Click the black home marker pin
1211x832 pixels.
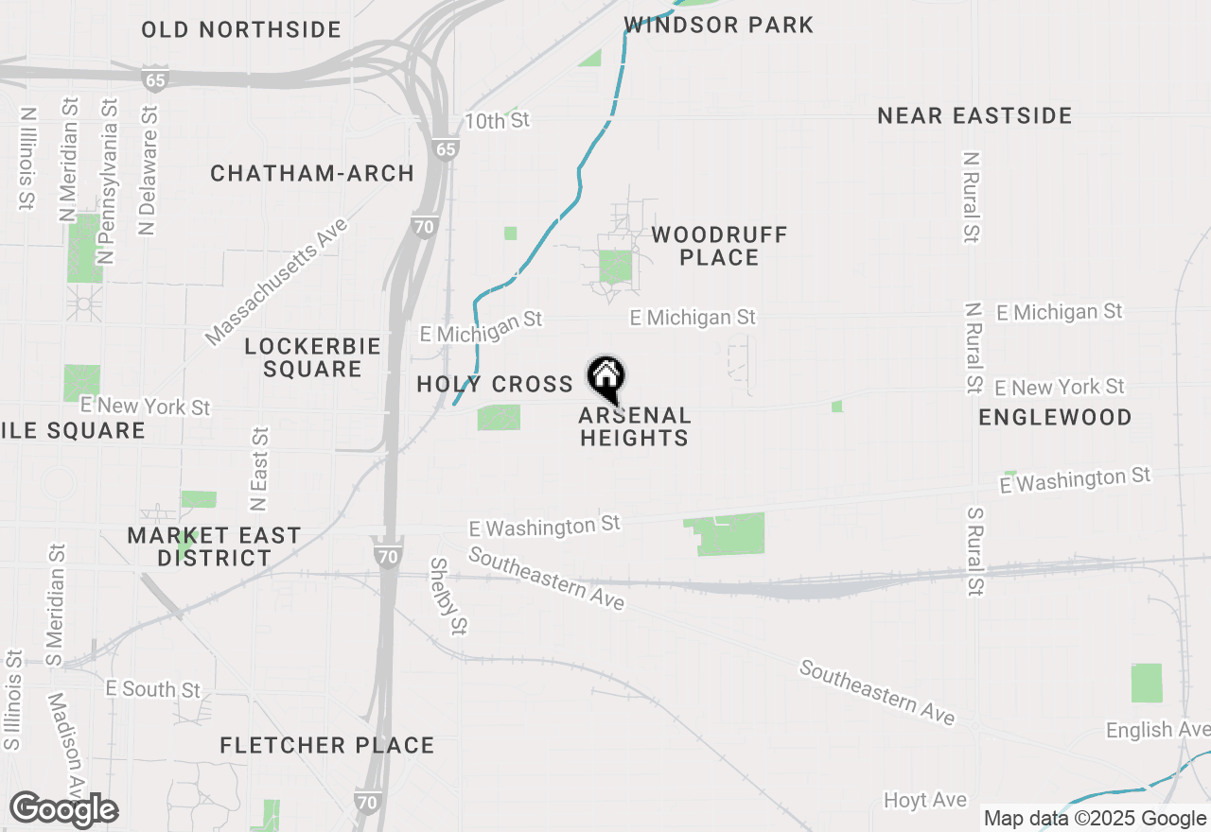(x=606, y=378)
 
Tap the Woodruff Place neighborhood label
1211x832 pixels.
(x=719, y=246)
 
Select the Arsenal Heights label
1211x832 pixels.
(x=635, y=426)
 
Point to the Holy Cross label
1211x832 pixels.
(x=495, y=384)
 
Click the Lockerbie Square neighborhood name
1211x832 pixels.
(x=312, y=357)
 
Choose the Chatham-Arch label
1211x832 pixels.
(x=312, y=174)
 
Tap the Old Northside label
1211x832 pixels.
(x=241, y=30)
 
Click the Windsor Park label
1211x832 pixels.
(x=719, y=26)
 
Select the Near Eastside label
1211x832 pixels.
(x=974, y=116)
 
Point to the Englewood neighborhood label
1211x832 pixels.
(x=1055, y=418)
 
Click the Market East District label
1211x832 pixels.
(x=215, y=546)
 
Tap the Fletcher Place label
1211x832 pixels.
(x=327, y=746)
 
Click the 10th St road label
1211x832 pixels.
(x=498, y=121)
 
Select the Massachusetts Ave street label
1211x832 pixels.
(x=276, y=281)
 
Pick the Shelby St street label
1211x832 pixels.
(x=449, y=596)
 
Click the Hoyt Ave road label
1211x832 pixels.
(x=924, y=801)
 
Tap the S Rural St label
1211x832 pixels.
(x=975, y=551)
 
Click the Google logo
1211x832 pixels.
(x=63, y=810)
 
